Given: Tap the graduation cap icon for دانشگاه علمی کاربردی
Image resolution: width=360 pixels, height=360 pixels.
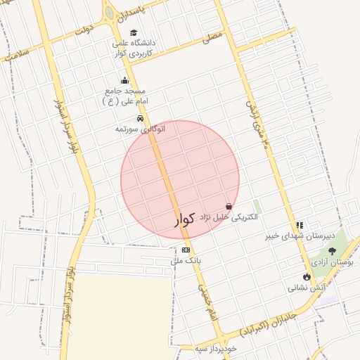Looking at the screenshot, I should click(134, 32).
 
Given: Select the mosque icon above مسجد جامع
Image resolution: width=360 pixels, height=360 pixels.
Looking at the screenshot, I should click(125, 80).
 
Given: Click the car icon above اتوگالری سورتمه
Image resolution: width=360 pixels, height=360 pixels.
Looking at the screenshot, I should click(141, 118).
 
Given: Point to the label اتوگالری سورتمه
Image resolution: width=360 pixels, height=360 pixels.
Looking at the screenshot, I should click(143, 129).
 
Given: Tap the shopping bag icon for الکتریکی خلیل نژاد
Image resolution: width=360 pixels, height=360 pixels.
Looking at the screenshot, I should click(229, 206).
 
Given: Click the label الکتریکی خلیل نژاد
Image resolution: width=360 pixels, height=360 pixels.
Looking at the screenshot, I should click(229, 217).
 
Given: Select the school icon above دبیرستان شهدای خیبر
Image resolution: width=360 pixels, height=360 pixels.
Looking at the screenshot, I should click(300, 225).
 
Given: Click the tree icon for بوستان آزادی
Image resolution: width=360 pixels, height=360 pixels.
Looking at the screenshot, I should click(332, 250).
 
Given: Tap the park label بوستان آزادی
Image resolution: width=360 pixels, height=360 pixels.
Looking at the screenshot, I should click(335, 262).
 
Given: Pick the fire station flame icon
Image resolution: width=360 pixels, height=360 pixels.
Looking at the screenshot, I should click(307, 276).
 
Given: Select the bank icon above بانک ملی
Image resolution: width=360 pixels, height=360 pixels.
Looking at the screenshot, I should click(186, 250).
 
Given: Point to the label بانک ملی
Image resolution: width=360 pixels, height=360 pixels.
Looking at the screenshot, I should click(188, 260).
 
